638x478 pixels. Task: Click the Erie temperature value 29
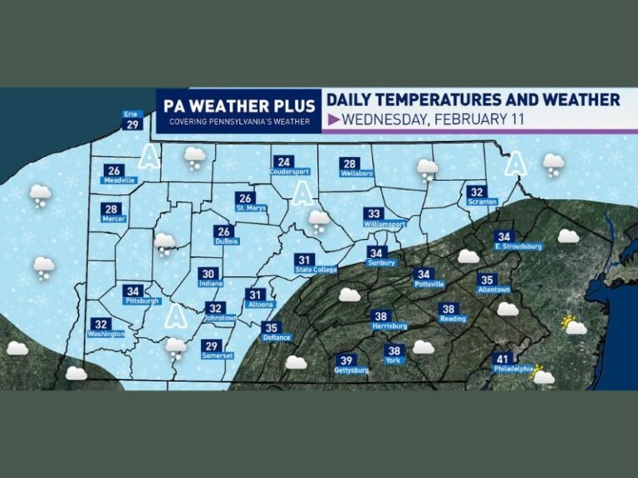131,125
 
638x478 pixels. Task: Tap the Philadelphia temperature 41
503,358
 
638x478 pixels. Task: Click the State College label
304,270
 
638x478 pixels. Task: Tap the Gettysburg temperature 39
345,359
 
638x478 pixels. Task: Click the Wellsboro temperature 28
349,163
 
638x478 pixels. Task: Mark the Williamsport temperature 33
374,213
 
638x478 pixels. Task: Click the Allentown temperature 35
487,280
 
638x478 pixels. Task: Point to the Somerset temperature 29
213,346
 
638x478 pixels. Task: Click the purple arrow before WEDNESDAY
332,119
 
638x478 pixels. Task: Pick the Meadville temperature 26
114,171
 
